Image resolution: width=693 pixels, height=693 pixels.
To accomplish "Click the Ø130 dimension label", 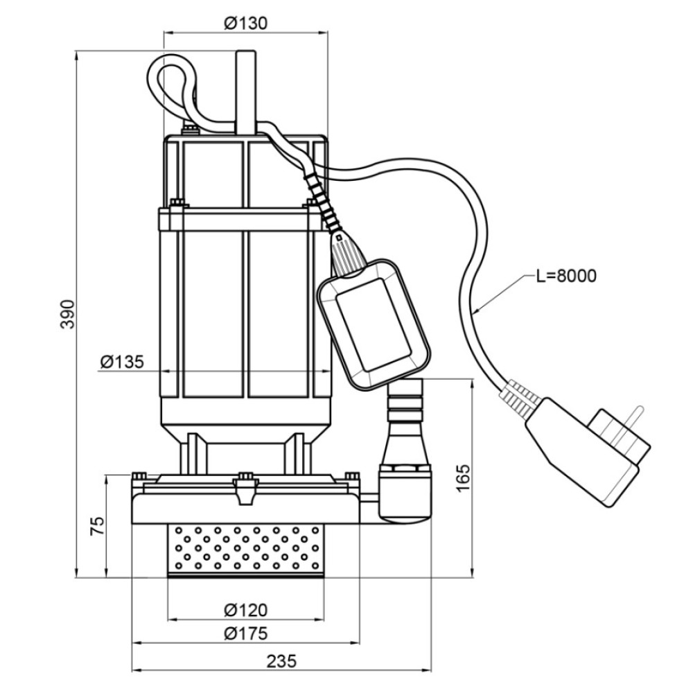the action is coord(246,23).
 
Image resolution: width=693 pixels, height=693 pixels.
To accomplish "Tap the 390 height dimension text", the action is coord(68,314).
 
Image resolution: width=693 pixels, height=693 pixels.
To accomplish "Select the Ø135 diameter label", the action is coord(122,362).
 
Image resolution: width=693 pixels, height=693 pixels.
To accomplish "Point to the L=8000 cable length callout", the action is coord(566,275).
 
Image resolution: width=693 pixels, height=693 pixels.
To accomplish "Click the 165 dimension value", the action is coord(462,478).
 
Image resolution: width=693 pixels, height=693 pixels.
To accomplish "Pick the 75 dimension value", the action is coord(97,525).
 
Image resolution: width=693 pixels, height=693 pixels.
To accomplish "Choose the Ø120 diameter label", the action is coord(246,610).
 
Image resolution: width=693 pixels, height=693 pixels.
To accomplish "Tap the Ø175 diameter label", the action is coord(246,633).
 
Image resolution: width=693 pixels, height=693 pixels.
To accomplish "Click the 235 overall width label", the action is coord(281,662).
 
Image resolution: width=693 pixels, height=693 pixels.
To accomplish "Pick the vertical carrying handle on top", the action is coord(246,92).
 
